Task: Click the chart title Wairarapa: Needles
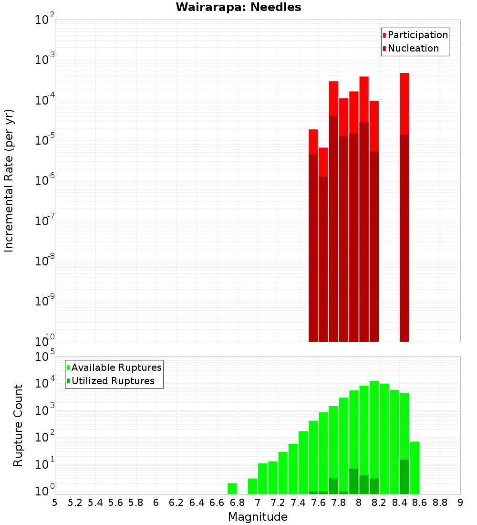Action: click(238, 8)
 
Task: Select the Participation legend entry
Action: click(415, 35)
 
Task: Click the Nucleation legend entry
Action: click(410, 49)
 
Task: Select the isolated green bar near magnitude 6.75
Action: click(232, 489)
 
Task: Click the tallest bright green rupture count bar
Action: click(374, 437)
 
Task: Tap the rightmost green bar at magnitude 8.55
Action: click(415, 468)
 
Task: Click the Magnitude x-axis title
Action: click(258, 517)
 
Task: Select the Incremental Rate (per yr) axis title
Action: click(9, 180)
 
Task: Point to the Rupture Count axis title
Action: click(18, 425)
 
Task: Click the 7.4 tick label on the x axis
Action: click(298, 503)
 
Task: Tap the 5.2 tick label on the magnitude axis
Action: click(75, 503)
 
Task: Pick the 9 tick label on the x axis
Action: click(460, 503)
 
